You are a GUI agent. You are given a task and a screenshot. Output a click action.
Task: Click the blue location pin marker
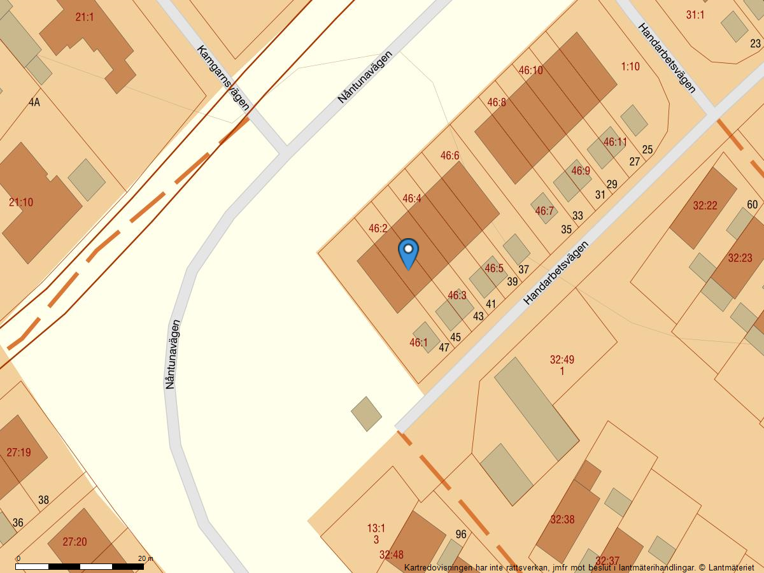408,253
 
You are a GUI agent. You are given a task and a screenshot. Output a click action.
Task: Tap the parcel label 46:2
378,229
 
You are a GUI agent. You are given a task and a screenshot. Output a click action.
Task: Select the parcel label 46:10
531,71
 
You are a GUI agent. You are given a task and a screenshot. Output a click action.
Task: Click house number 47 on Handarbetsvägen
444,348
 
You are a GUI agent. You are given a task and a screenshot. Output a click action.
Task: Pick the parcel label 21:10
21,202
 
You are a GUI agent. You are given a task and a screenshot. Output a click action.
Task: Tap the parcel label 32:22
705,206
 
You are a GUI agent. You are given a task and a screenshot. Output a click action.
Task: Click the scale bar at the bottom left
80,566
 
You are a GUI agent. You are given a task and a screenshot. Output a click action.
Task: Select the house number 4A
34,102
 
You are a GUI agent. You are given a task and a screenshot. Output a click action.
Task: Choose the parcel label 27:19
18,453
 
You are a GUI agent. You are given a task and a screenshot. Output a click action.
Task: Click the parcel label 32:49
562,360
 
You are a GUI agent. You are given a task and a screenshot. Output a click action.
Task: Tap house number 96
461,534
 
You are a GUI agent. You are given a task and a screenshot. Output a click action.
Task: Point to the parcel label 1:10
630,66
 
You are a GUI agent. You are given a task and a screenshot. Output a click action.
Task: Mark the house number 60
753,204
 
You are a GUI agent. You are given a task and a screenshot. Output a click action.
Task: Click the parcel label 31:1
695,15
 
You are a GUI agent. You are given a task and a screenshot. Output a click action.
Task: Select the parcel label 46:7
545,211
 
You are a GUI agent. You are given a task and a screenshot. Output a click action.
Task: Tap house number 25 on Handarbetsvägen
647,150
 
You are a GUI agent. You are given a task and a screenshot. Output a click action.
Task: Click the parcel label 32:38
562,520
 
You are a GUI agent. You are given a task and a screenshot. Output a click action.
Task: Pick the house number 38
43,500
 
